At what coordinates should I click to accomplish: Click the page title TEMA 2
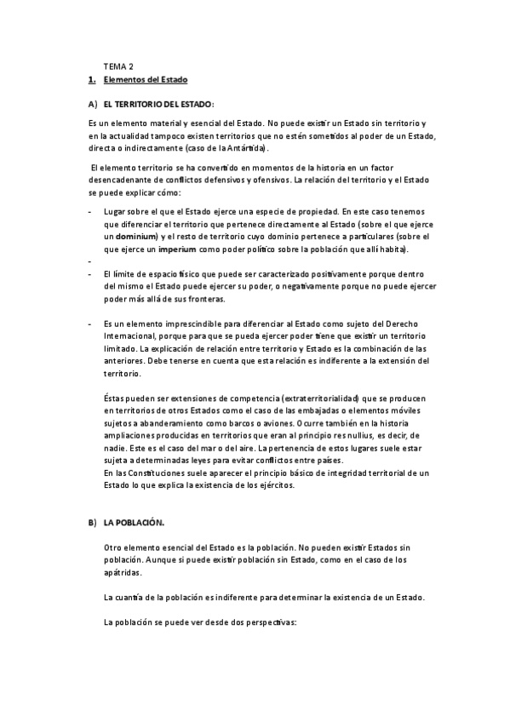click(118, 66)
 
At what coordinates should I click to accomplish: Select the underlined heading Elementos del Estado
click(145, 80)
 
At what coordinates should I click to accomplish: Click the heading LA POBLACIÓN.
click(134, 521)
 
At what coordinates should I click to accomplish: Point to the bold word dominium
click(135, 234)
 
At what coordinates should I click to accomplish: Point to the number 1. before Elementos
click(92, 80)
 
